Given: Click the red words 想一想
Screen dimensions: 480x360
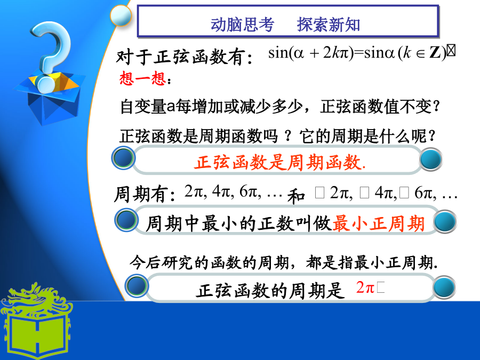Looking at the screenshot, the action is click(x=142, y=78).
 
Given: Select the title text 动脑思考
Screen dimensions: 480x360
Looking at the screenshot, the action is click(x=242, y=25).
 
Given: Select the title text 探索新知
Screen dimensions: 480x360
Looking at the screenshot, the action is click(x=329, y=25).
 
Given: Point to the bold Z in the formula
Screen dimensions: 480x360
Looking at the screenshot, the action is click(x=435, y=53).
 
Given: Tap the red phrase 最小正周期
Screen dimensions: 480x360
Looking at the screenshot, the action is click(x=378, y=223).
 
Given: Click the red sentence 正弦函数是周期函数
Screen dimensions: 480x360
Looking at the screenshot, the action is click(x=280, y=162).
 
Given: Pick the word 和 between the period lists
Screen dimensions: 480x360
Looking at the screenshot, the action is click(x=296, y=196).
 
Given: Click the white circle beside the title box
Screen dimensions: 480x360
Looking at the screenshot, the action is click(x=121, y=15).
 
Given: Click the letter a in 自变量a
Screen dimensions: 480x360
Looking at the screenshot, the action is click(x=171, y=107).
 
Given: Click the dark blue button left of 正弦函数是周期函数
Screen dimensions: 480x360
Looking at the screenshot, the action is click(x=123, y=158).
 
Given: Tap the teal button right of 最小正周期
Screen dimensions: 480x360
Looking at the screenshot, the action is click(x=445, y=222).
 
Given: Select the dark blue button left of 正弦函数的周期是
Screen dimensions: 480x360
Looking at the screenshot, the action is click(x=137, y=286).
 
